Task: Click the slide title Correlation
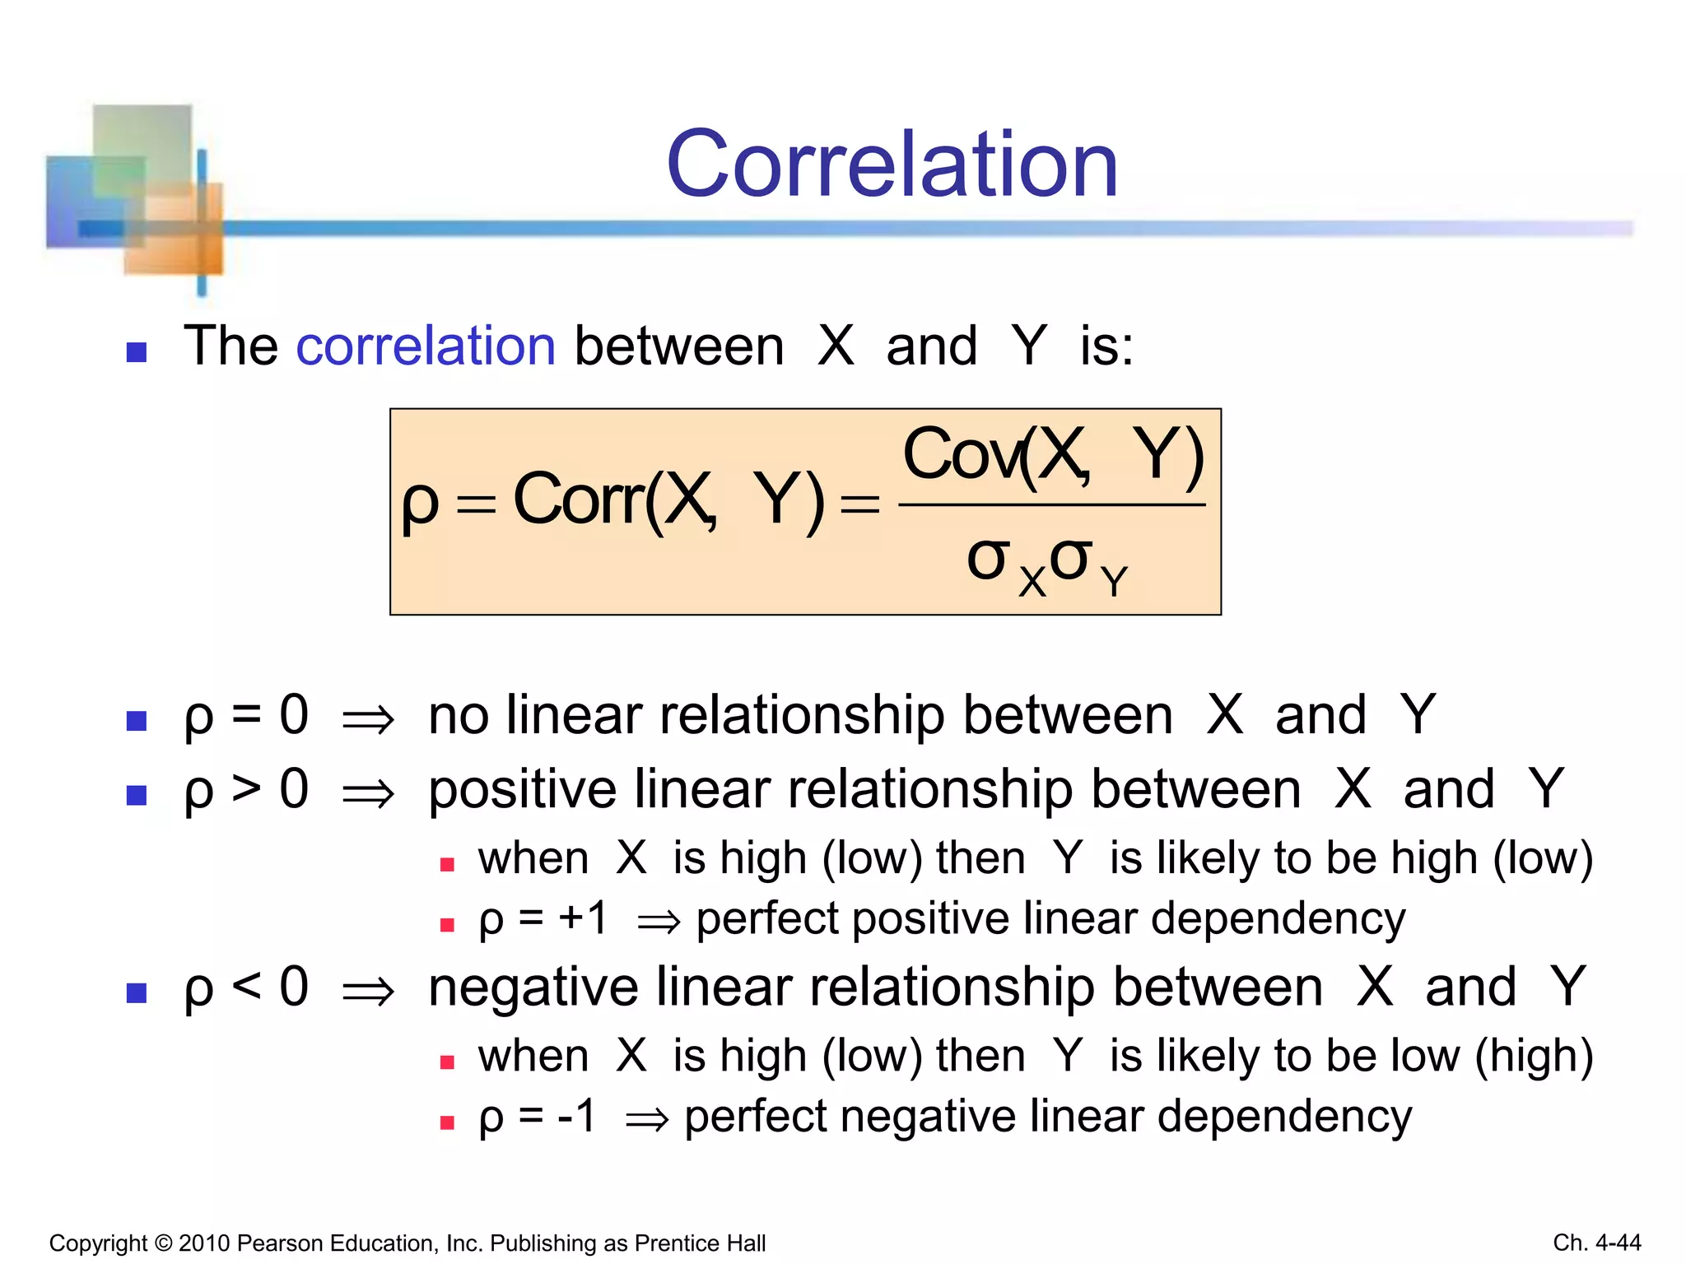click(892, 165)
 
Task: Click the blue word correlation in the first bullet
click(426, 346)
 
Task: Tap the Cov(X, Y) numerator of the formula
click(1053, 455)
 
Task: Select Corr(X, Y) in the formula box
click(668, 500)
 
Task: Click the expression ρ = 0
click(246, 715)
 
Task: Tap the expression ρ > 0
click(246, 789)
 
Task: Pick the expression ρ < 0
click(246, 987)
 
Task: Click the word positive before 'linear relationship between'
click(523, 790)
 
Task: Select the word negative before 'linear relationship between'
click(533, 987)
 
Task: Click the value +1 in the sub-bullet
click(583, 918)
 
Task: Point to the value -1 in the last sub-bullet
click(576, 1117)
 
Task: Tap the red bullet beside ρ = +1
click(447, 925)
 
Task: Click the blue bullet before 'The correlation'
click(137, 353)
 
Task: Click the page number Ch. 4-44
click(1596, 1243)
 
